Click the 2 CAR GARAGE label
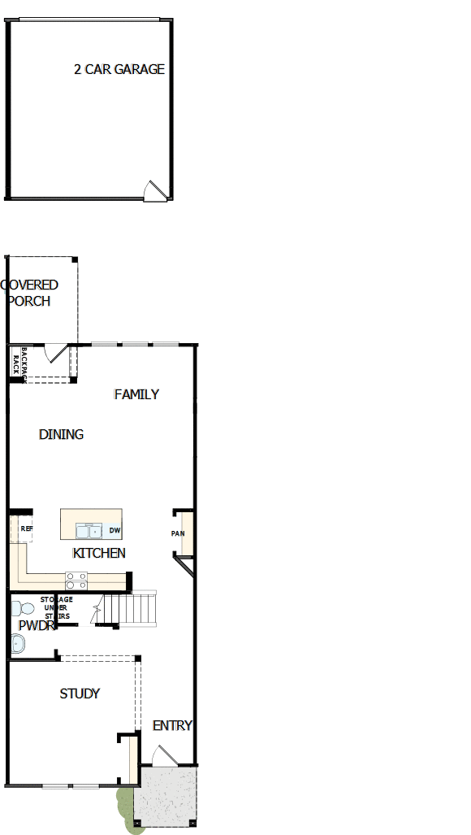coord(119,70)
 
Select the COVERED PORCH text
coord(30,293)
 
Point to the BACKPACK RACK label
coord(19,361)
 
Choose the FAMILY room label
coord(136,394)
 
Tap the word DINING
coord(61,434)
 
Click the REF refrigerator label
coord(26,528)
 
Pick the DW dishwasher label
coord(115,531)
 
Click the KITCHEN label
coord(99,553)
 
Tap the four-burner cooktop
coord(76,580)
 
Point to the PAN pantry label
coord(178,534)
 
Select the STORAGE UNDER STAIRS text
coord(57,608)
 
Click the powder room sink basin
coord(18,644)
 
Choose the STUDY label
coord(80,694)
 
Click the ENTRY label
coord(172,725)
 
